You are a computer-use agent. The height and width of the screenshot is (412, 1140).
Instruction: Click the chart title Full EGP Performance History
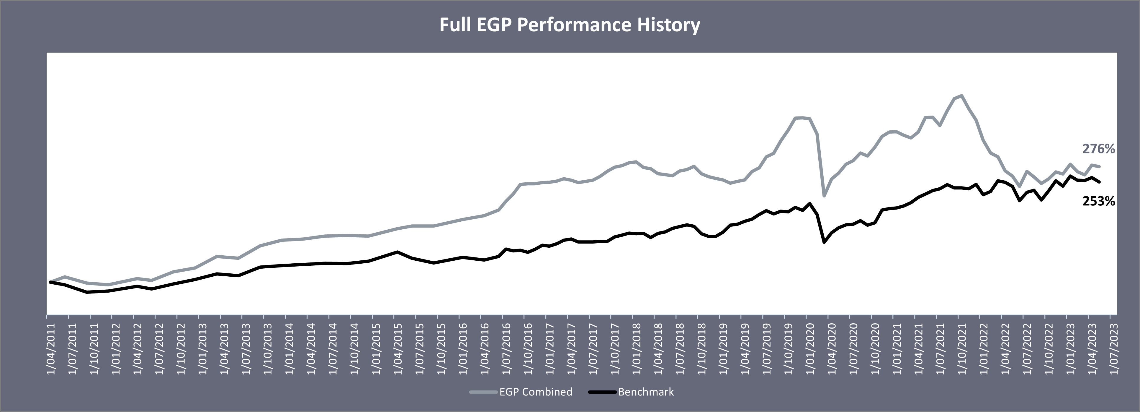click(x=570, y=25)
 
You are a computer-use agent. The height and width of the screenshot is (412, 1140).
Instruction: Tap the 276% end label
click(x=1098, y=149)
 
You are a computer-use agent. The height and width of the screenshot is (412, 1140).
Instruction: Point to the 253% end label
click(x=1098, y=201)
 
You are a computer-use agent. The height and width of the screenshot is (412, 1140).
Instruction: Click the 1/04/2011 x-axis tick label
click(x=51, y=349)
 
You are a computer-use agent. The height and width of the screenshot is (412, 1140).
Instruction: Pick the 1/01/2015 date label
click(x=377, y=349)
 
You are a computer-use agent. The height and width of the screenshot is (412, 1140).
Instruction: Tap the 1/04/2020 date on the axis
click(x=832, y=349)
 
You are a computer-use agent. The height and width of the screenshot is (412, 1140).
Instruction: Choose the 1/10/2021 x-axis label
click(x=962, y=349)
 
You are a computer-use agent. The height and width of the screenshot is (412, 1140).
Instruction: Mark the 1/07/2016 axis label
click(x=507, y=349)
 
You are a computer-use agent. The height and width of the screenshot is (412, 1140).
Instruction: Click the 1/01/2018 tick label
click(x=637, y=349)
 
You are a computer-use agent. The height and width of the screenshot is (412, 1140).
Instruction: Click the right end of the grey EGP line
click(x=1108, y=167)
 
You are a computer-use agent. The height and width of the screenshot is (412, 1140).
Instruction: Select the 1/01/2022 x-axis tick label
click(x=984, y=349)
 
